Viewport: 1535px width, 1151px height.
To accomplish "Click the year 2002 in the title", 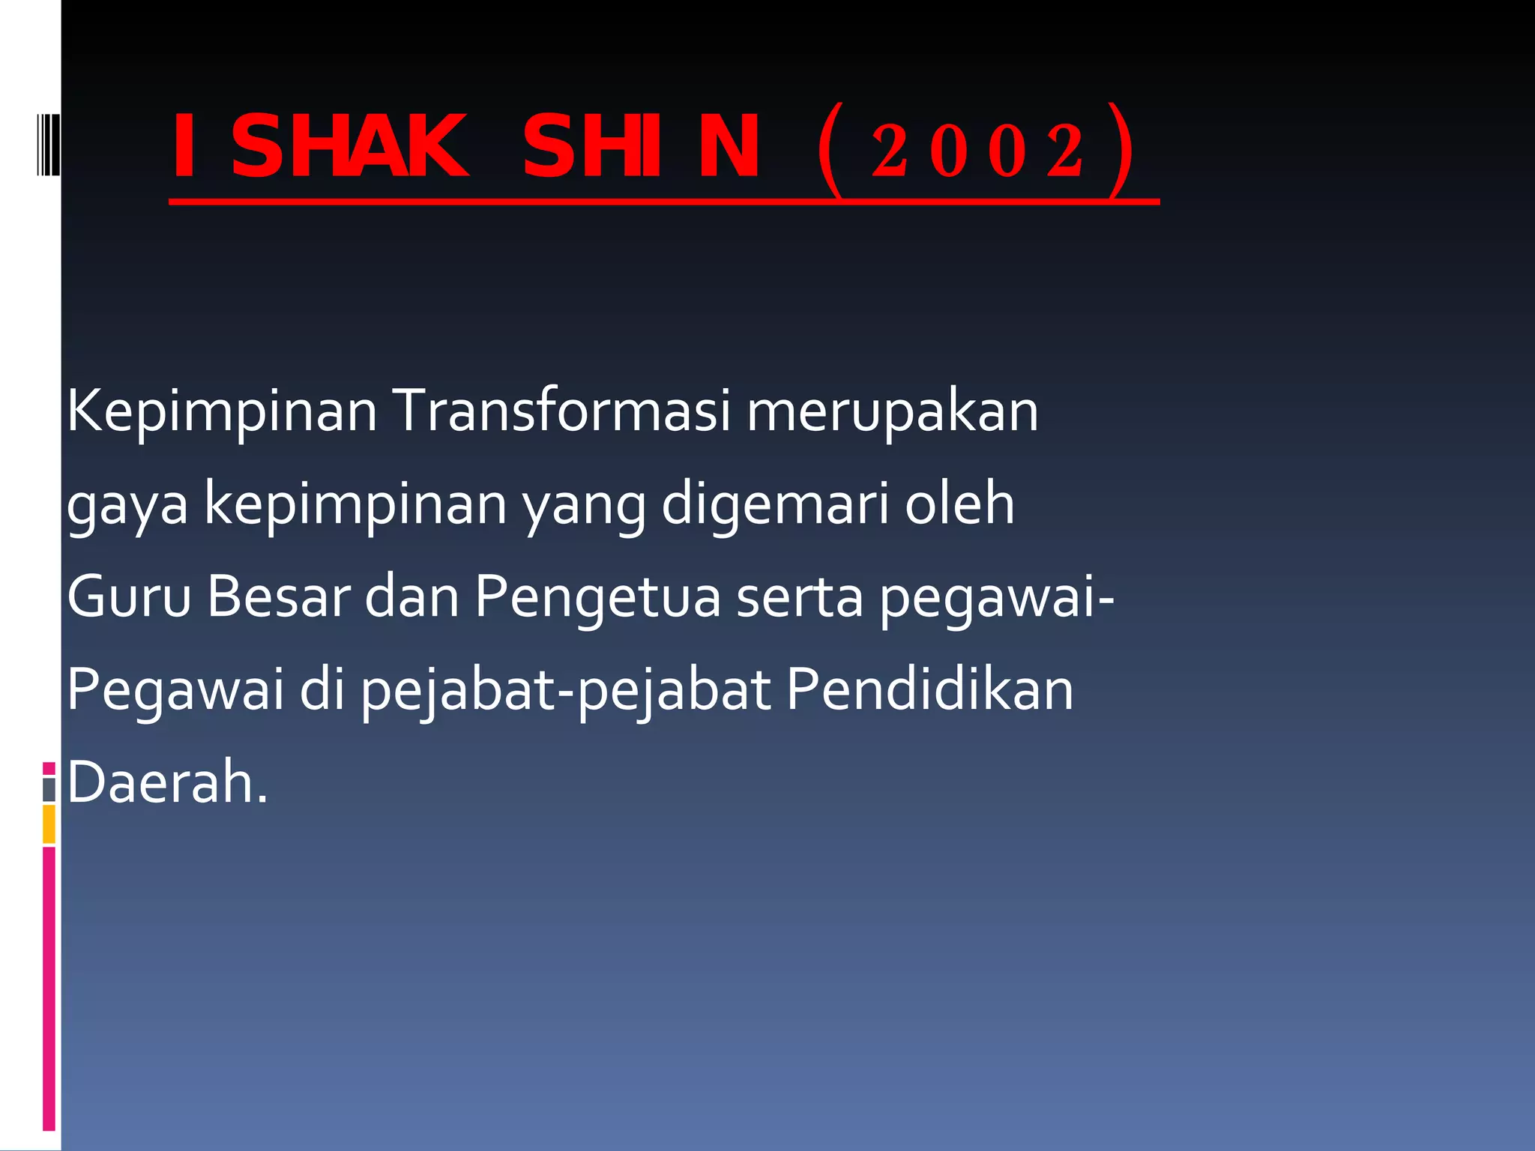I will pyautogui.click(x=977, y=151).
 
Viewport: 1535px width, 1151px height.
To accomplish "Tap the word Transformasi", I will pyautogui.click(x=561, y=411).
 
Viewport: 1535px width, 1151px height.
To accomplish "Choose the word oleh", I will pyautogui.click(x=959, y=504).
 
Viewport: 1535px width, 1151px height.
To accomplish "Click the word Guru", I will pyautogui.click(x=129, y=596).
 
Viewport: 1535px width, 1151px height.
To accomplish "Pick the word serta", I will pyautogui.click(x=800, y=598).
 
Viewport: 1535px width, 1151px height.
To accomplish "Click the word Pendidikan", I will pyautogui.click(x=929, y=689).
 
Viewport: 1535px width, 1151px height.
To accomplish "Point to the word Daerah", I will pyautogui.click(x=167, y=782).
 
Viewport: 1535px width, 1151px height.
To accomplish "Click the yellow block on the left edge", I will pyautogui.click(x=49, y=824).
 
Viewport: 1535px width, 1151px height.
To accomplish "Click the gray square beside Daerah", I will pyautogui.click(x=49, y=790).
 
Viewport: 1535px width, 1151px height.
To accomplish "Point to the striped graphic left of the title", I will pyautogui.click(x=48, y=144).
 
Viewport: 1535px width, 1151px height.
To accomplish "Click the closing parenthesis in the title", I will pyautogui.click(x=1120, y=151).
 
